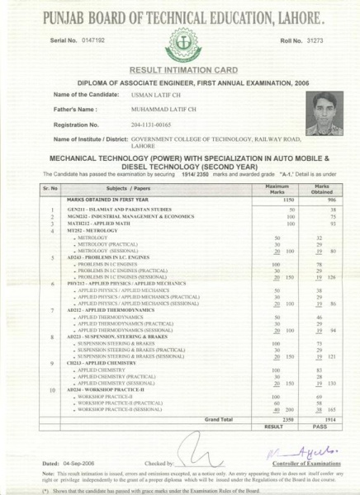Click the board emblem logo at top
tap(181, 42)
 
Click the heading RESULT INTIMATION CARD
tap(179, 72)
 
